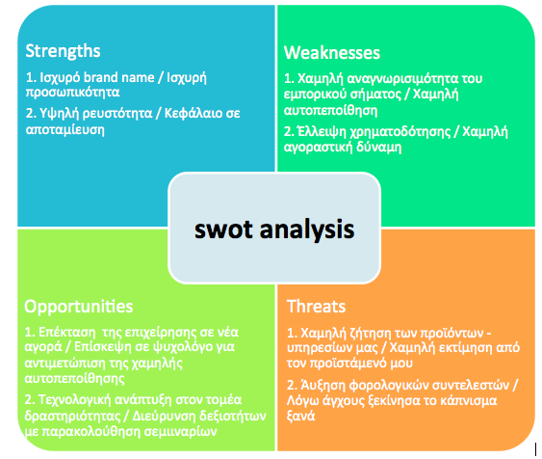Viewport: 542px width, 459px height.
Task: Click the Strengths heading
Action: (x=63, y=50)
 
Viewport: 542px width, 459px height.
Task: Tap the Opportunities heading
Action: (x=79, y=306)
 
